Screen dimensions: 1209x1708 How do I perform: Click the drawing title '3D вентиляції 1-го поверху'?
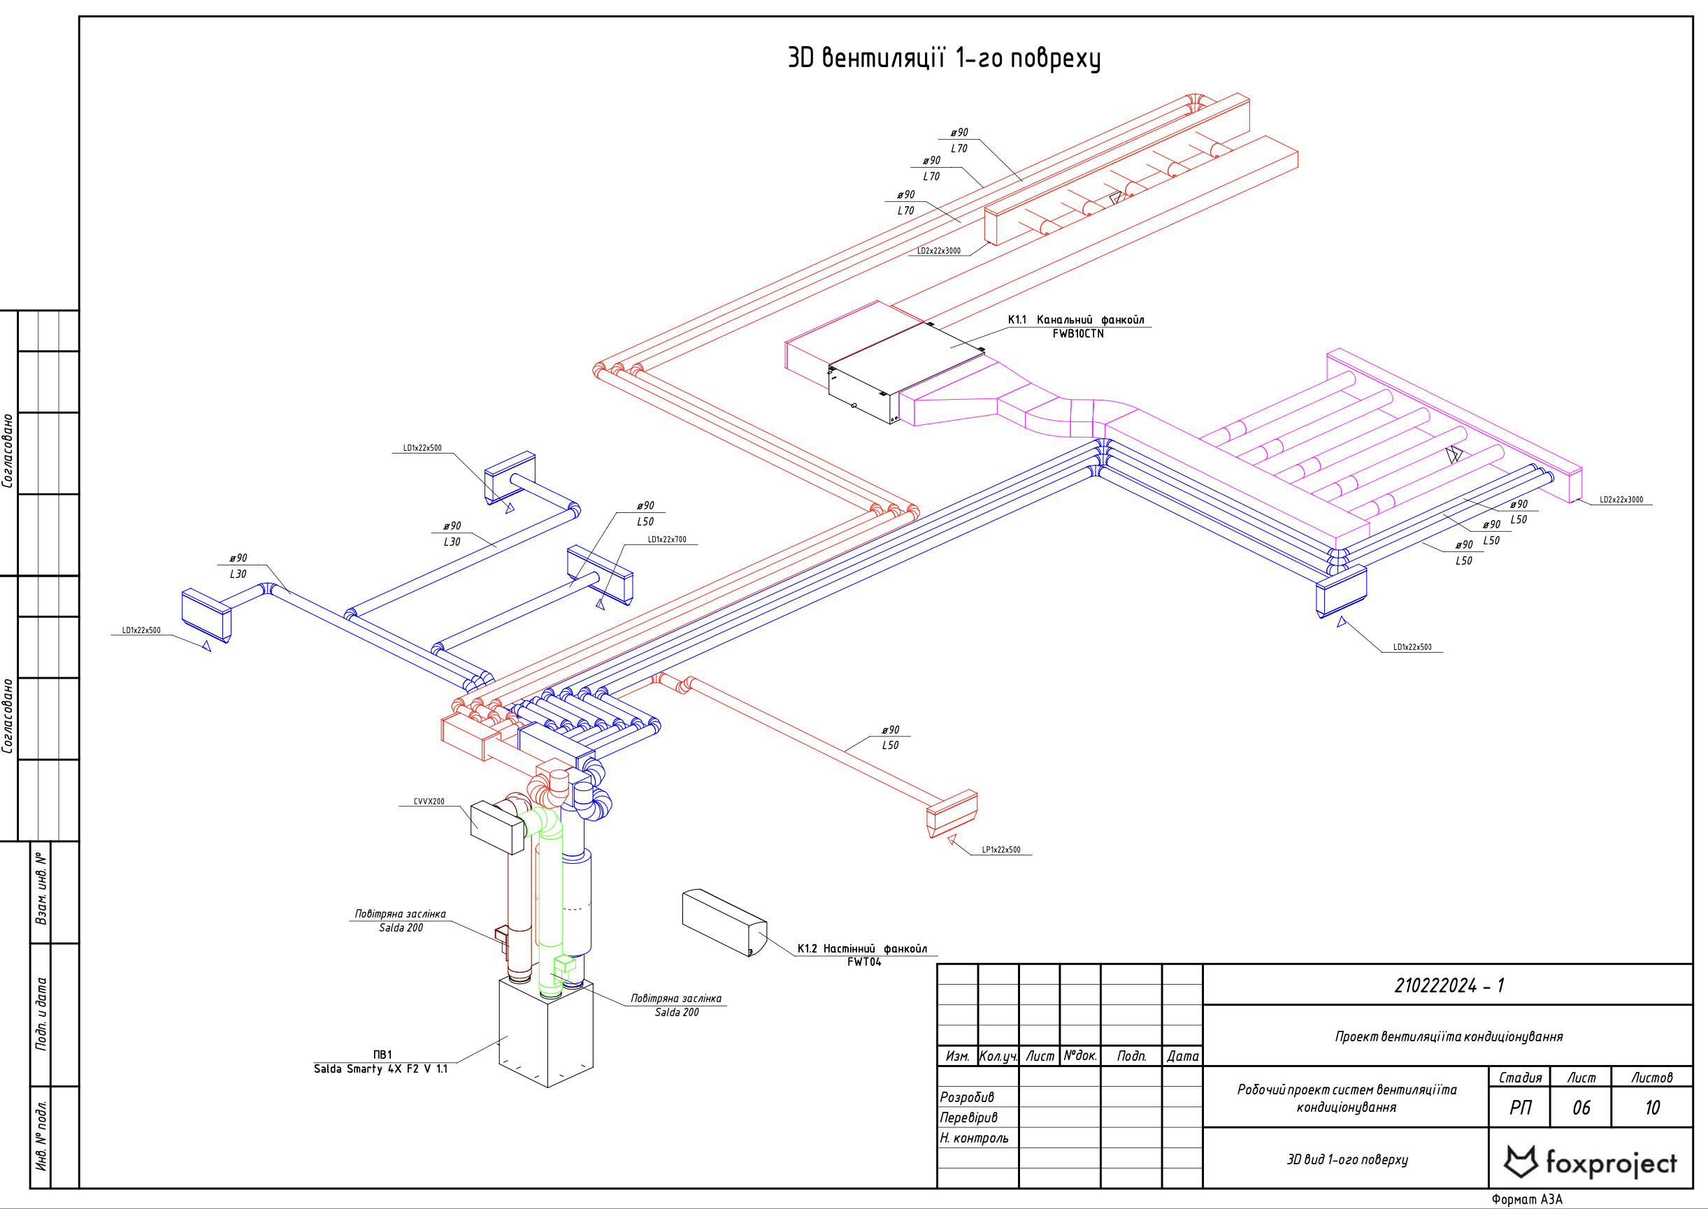point(943,58)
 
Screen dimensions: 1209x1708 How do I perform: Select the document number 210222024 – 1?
point(1448,985)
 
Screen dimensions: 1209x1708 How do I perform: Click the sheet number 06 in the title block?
point(1581,1108)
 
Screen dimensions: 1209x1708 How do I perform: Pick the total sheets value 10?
point(1651,1108)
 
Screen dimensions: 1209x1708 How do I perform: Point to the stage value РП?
point(1520,1108)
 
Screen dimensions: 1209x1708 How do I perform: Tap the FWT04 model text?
point(863,962)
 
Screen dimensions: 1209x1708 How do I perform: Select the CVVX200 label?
point(429,802)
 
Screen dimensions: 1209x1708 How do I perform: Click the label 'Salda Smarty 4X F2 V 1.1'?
point(380,1069)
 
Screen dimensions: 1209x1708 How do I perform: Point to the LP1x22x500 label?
point(1000,849)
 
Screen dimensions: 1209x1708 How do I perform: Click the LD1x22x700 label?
point(666,540)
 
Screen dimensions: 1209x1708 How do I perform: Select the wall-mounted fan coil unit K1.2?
point(723,922)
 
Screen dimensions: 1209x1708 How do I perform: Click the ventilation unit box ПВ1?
point(546,1035)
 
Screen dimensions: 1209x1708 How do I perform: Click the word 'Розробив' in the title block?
point(966,1097)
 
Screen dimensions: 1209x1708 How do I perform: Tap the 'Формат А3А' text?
point(1526,1199)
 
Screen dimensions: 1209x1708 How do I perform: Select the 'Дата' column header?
point(1182,1056)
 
